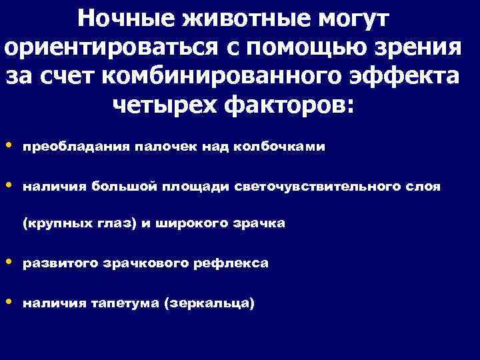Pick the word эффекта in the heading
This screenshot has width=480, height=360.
[409, 76]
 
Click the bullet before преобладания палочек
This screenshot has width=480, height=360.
[8, 146]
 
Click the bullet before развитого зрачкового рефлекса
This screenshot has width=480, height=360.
[8, 263]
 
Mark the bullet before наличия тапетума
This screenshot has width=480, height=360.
[8, 302]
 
